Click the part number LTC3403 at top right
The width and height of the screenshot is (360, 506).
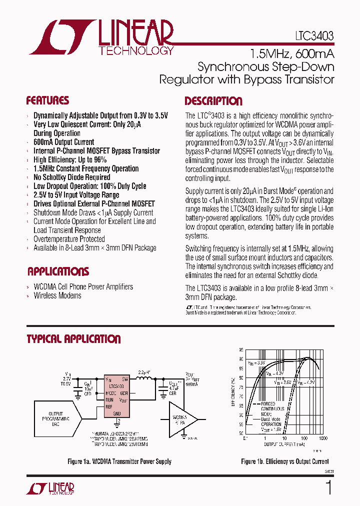[313, 36]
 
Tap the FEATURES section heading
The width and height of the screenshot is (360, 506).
[47, 100]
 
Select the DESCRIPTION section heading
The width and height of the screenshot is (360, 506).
[213, 101]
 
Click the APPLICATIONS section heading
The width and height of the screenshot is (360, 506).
[58, 272]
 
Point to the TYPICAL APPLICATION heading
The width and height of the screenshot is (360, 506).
[73, 339]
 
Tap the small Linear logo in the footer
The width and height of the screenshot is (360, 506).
[55, 488]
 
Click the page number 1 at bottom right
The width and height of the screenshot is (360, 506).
[328, 488]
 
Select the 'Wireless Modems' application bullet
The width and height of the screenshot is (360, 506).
[57, 295]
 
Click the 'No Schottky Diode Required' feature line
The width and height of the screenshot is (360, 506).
[71, 177]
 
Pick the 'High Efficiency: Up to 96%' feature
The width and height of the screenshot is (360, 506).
[70, 160]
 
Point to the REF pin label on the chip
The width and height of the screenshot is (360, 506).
[109, 406]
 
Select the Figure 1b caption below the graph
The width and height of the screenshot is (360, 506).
[285, 461]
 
